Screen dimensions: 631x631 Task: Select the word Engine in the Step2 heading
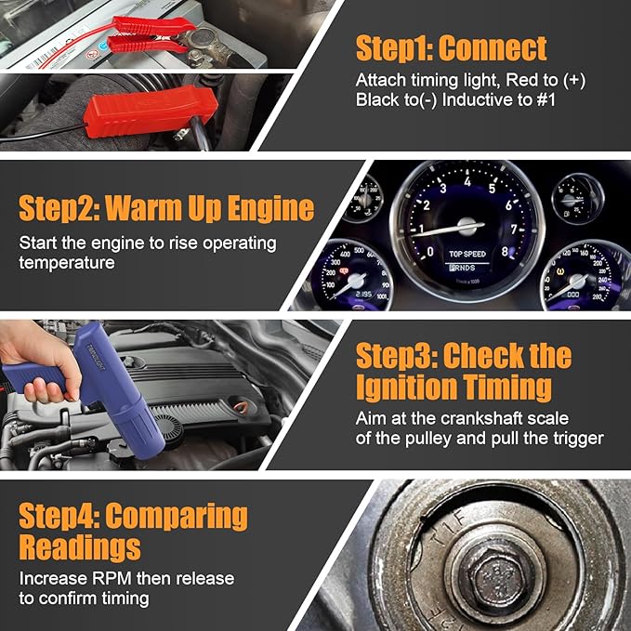click(270, 208)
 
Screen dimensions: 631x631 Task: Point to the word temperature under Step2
click(67, 263)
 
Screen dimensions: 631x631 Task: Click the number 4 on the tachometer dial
click(467, 181)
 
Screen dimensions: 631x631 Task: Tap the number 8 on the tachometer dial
click(505, 252)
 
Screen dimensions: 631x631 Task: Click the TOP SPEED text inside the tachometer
click(467, 254)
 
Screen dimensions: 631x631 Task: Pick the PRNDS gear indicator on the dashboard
click(462, 268)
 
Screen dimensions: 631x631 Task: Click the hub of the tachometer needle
click(467, 226)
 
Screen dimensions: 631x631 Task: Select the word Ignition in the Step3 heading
click(406, 388)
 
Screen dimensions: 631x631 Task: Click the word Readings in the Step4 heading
click(80, 547)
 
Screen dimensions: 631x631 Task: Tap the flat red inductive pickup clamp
click(151, 114)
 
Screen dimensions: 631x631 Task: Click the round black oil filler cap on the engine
click(167, 429)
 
